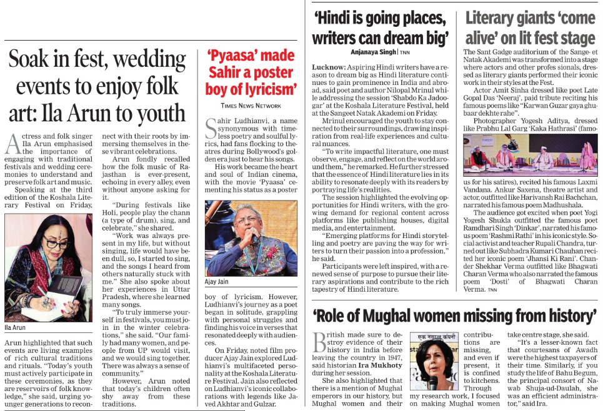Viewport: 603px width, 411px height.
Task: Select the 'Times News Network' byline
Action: coord(250,106)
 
